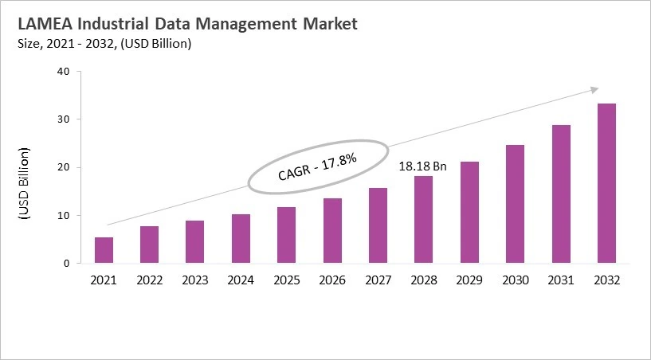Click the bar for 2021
pos(104,250)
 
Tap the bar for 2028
pos(424,220)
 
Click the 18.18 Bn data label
pos(423,167)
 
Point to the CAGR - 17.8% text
pos(317,168)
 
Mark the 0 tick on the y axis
pos(67,264)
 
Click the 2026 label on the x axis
pos(332,280)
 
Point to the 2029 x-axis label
pos(469,280)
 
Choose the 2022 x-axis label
pos(150,280)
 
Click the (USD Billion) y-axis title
pos(23,183)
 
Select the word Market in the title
pos(324,24)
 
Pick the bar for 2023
pos(195,242)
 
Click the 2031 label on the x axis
pos(561,280)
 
